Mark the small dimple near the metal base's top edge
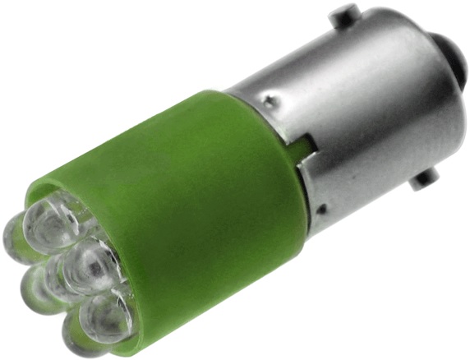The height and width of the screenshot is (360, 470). click(270, 101)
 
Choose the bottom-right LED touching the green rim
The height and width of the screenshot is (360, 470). click(107, 316)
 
